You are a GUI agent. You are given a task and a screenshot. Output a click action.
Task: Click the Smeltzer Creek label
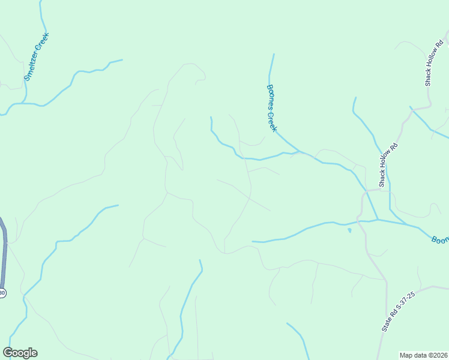click(37, 56)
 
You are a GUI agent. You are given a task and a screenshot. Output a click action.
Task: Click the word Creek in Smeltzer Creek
click(43, 41)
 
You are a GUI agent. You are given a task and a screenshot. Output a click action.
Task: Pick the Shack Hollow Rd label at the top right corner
click(434, 63)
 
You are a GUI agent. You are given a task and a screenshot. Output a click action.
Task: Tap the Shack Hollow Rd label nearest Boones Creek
click(387, 164)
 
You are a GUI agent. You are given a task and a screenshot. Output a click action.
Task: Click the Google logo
click(20, 353)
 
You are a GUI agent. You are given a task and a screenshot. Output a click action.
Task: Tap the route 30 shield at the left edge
click(2, 293)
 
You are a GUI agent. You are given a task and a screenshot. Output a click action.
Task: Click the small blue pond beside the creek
click(349, 229)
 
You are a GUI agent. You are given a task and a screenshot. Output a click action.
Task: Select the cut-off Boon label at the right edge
click(441, 239)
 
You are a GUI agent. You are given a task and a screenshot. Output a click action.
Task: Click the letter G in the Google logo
click(8, 353)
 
